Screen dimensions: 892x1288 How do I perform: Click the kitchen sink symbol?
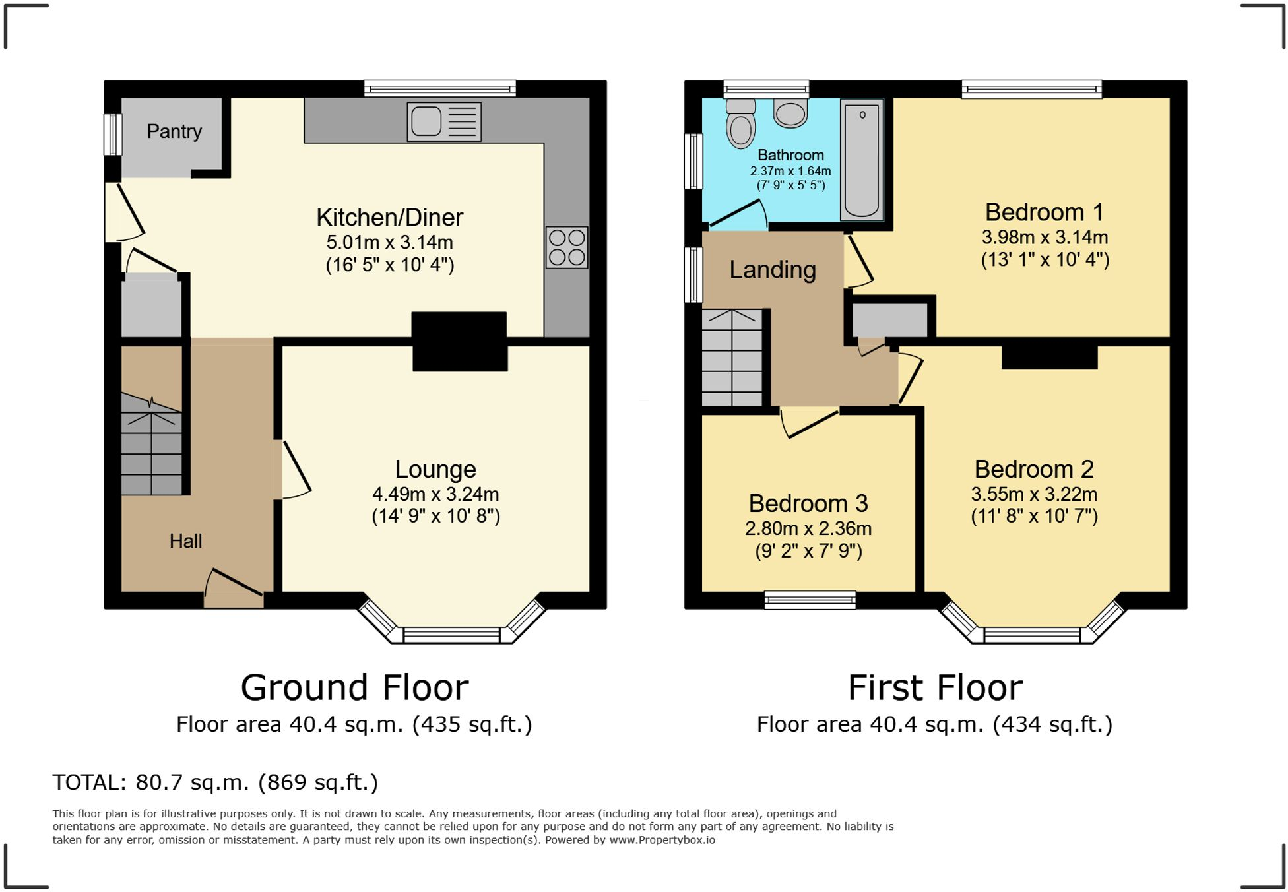[x=443, y=121]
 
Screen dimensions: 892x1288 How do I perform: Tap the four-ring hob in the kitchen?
[x=566, y=247]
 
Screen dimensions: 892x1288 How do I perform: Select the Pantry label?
[x=174, y=131]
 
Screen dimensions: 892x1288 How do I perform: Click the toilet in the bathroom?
[x=740, y=125]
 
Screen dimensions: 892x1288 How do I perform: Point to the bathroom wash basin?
[x=790, y=113]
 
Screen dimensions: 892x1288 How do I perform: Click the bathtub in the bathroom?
[x=861, y=160]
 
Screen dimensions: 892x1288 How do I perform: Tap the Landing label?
[x=772, y=270]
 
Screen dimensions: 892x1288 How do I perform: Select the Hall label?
[x=185, y=541]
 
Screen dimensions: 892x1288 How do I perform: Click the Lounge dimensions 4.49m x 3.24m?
[x=435, y=494]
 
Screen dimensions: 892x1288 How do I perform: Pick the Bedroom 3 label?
[x=808, y=503]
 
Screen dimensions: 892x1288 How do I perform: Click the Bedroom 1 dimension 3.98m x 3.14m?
[x=1045, y=238]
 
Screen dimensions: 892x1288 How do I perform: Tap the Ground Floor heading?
[x=354, y=687]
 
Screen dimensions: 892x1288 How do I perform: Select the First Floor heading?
[x=934, y=687]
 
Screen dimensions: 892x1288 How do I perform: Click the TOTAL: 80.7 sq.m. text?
[x=215, y=782]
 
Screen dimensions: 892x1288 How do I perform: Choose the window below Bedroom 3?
[x=810, y=599]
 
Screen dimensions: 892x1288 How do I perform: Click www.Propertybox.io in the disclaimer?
[x=662, y=840]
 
